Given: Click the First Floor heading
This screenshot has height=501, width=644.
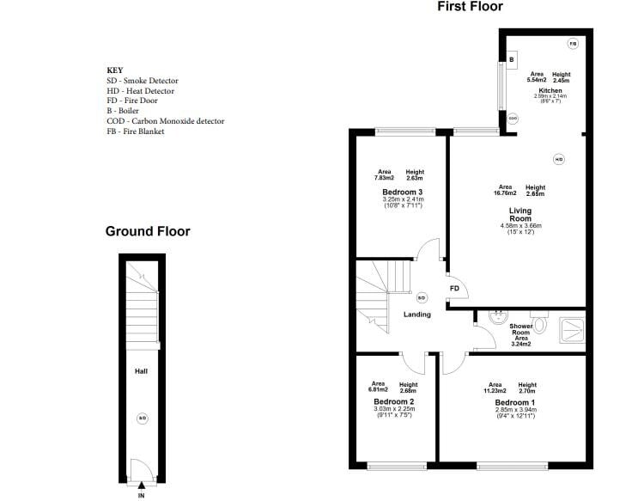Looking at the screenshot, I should click(470, 7).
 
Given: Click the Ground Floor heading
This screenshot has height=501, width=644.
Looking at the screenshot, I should click(148, 231).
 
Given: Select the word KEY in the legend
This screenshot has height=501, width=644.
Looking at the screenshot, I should click(114, 70).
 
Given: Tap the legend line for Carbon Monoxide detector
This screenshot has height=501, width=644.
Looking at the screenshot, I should click(165, 121).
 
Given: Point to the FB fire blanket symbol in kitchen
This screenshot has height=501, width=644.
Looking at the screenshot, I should click(573, 43).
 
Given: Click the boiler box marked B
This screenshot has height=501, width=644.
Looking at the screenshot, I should click(512, 60).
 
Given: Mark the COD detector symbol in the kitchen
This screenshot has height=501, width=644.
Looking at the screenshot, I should click(513, 119).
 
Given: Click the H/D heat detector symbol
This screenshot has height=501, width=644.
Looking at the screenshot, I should click(558, 159).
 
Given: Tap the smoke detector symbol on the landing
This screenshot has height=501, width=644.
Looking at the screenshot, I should click(422, 298).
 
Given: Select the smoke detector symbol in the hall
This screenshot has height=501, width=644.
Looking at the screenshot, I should click(143, 419).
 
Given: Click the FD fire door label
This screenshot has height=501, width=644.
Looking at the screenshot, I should click(454, 288).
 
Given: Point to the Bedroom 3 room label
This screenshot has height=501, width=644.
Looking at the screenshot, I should click(402, 192).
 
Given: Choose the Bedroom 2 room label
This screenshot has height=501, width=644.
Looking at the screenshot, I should click(394, 401).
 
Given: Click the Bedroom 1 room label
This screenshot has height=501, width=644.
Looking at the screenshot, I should click(515, 402).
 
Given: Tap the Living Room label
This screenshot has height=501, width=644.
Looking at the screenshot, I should click(521, 214).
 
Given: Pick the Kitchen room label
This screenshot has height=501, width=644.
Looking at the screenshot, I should click(550, 90).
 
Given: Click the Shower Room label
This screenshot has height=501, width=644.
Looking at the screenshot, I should click(521, 330).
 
